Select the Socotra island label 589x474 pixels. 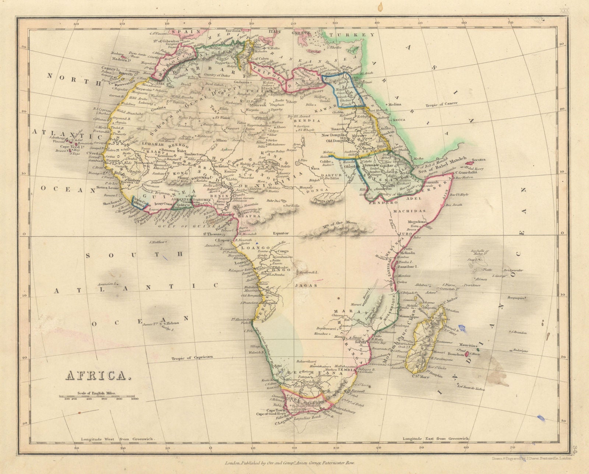478,160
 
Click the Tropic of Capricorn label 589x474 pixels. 193,359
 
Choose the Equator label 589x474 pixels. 282,233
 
